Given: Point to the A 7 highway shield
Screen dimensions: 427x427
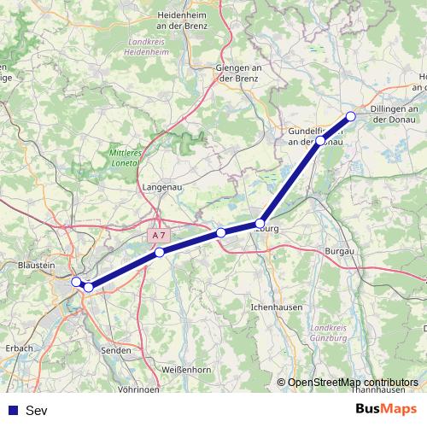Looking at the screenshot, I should (158, 234).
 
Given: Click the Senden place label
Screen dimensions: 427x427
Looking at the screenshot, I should (116, 350).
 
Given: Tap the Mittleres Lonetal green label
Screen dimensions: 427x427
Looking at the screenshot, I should (123, 157).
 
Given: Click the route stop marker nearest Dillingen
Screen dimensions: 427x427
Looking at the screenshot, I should (350, 117).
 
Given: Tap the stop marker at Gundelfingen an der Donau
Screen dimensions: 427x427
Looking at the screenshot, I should (320, 140).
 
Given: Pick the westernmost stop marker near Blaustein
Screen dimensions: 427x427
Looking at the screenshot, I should (77, 282).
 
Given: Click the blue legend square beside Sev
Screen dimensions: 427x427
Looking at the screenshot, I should (11, 410).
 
